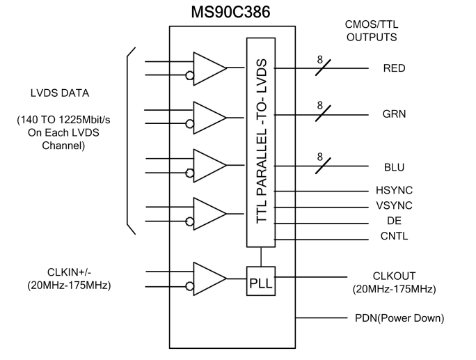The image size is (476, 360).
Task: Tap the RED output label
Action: [x=394, y=69]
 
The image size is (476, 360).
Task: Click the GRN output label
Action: [x=394, y=114]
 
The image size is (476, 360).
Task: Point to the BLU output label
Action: [x=394, y=168]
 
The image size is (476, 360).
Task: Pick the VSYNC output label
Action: [x=394, y=206]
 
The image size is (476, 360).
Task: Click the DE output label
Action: [x=394, y=221]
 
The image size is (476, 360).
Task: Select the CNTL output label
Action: [x=394, y=236]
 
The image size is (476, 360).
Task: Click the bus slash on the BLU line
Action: [x=321, y=168]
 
